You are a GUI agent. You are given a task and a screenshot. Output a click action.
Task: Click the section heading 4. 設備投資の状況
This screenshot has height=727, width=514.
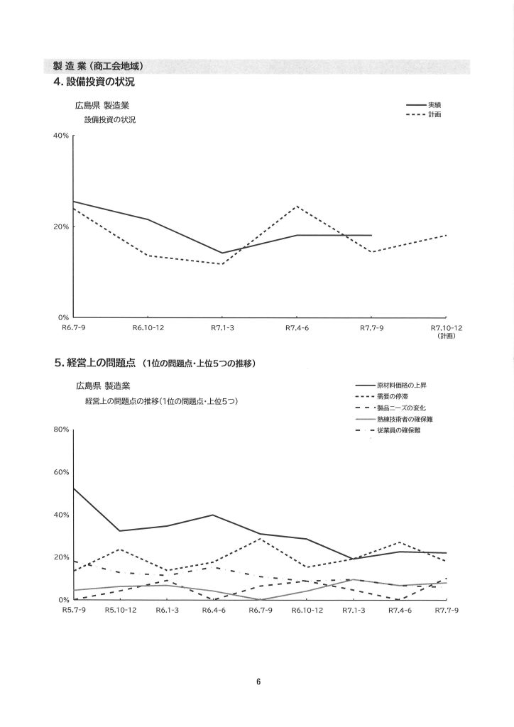click(94, 82)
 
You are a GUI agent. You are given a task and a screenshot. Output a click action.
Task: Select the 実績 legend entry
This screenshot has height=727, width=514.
click(434, 105)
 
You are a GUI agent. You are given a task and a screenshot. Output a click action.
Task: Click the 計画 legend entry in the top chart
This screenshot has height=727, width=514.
click(434, 115)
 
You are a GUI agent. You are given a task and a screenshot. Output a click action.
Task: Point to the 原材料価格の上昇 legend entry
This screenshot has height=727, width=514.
click(402, 385)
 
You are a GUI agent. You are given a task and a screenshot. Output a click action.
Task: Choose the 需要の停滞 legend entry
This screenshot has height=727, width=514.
click(392, 396)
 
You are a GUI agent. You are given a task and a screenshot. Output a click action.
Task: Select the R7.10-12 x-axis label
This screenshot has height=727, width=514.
click(447, 328)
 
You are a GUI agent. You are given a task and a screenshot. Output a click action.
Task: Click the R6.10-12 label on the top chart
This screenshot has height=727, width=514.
click(148, 328)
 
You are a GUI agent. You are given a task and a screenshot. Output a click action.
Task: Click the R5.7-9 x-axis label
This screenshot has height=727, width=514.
click(74, 611)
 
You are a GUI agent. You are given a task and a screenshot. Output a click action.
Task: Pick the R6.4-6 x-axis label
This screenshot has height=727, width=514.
click(214, 611)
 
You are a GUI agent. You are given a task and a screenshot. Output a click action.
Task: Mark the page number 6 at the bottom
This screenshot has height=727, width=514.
click(258, 682)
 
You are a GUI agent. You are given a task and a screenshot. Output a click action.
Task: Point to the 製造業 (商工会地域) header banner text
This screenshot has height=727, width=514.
click(99, 66)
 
